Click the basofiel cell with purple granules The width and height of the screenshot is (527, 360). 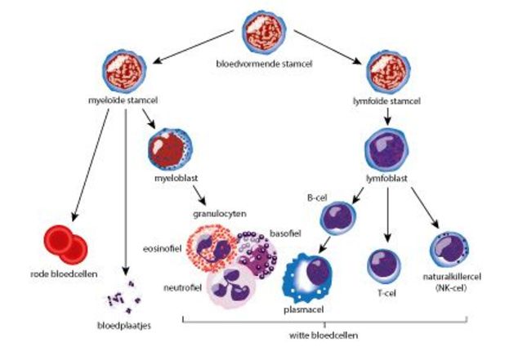[259, 254]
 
